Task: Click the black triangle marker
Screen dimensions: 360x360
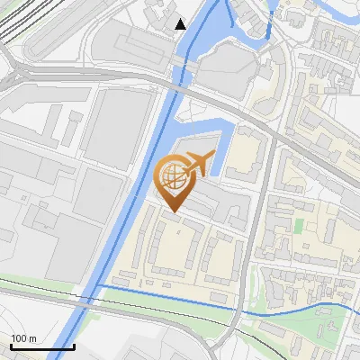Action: (x=181, y=23)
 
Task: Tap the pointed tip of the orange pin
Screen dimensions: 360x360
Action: (x=173, y=212)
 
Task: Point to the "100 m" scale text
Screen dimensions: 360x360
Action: (x=23, y=338)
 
